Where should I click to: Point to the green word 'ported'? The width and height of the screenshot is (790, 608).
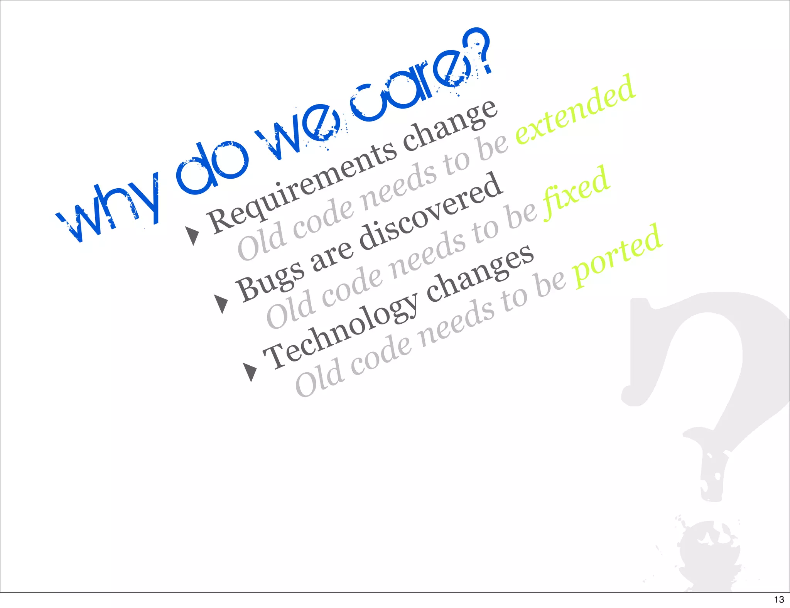[618, 256]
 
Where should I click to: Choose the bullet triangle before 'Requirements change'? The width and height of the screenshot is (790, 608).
[192, 235]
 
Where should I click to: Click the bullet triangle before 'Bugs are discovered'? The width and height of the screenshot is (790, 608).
[221, 304]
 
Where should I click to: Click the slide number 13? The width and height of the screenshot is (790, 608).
[779, 600]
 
